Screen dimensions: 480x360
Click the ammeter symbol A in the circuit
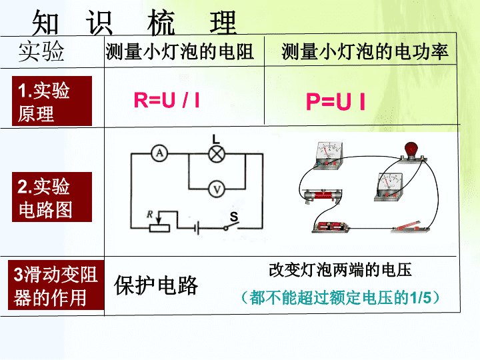[159, 153]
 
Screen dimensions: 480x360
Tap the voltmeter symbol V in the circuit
[217, 189]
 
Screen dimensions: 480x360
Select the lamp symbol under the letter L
[217, 154]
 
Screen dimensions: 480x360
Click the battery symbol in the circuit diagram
[197, 228]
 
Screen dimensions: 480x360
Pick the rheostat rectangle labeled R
[159, 228]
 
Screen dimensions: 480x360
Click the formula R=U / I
[167, 100]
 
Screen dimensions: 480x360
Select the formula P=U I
[336, 101]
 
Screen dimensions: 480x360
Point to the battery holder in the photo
[331, 227]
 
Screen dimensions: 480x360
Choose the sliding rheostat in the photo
[322, 195]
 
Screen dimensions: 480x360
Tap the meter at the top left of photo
[329, 155]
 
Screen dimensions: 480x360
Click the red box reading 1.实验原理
[52, 101]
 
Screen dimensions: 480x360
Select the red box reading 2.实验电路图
[52, 197]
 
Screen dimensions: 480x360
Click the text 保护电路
[156, 285]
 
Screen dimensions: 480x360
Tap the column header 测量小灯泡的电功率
[365, 51]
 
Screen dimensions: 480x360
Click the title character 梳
[161, 22]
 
